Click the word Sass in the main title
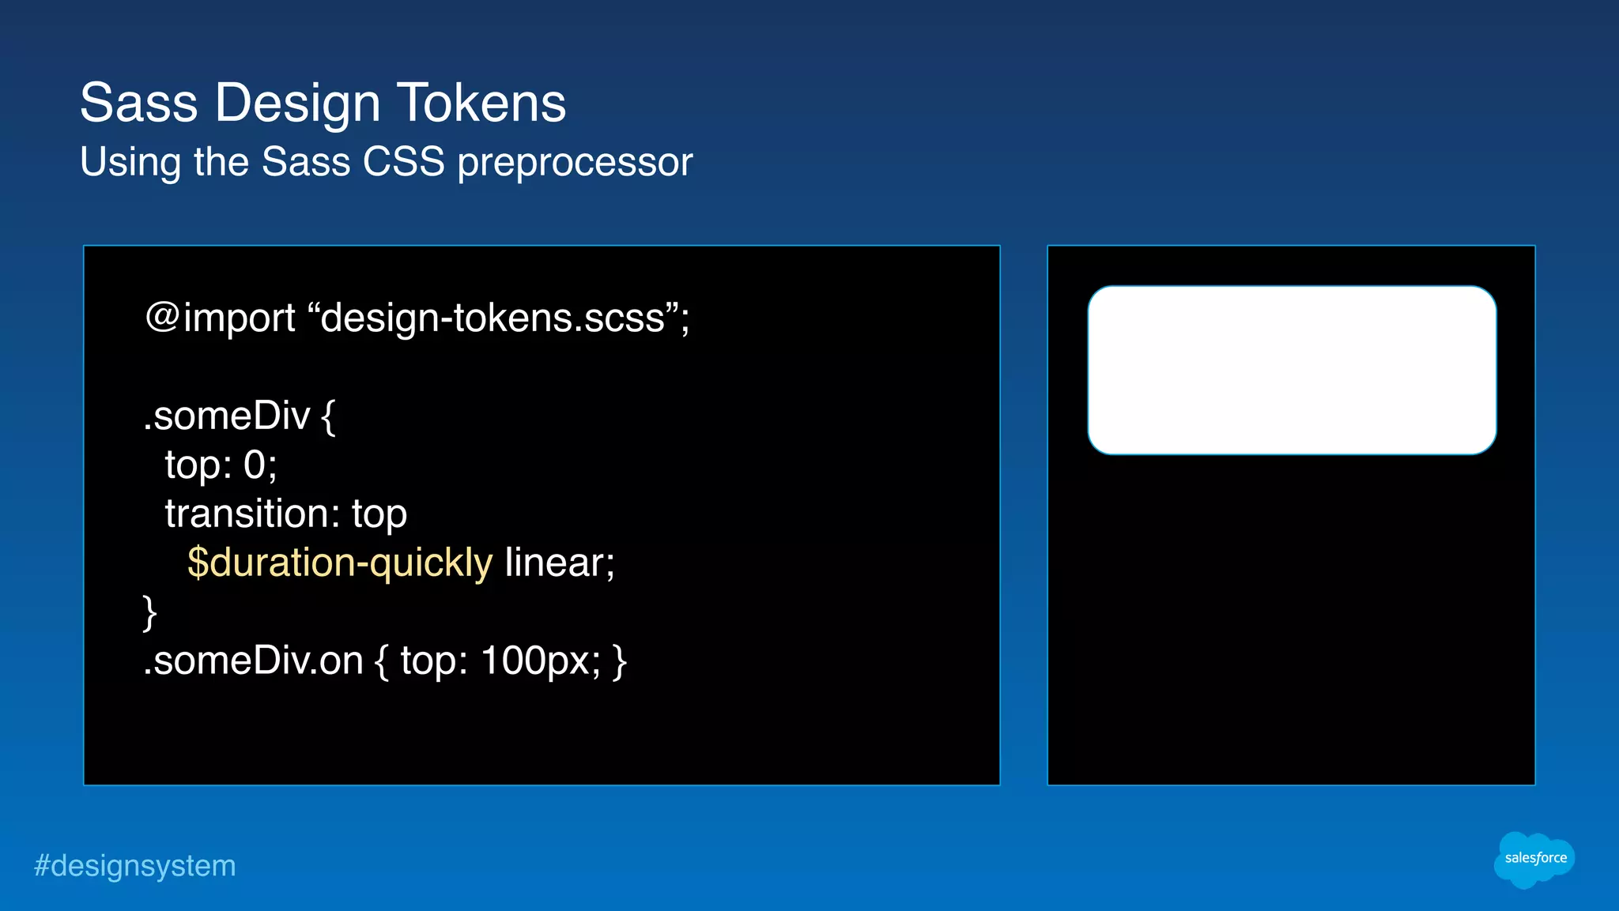[138, 104]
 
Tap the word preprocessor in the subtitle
[575, 163]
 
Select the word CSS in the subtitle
[403, 162]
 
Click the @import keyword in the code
[220, 318]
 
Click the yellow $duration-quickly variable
[340, 563]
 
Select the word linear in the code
[558, 563]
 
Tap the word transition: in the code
[252, 514]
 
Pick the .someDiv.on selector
[252, 661]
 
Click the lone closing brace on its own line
[149, 612]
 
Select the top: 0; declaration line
[221, 465]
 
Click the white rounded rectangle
[1291, 370]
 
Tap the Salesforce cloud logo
[1534, 859]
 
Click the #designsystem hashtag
[135, 866]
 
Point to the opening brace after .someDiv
[328, 417]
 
